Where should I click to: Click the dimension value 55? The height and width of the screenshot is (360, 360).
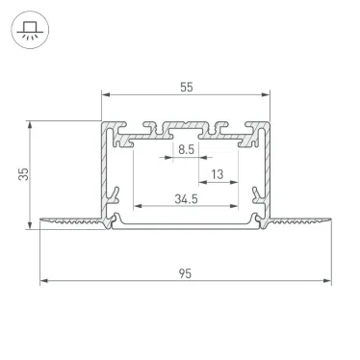tap(185, 88)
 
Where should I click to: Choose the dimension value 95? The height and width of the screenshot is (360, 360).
tap(184, 273)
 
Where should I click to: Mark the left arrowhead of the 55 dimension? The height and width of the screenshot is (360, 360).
tap(104, 95)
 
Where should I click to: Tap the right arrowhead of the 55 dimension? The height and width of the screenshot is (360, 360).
tap(265, 95)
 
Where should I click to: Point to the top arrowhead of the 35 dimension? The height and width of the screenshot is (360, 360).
tap(32, 123)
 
